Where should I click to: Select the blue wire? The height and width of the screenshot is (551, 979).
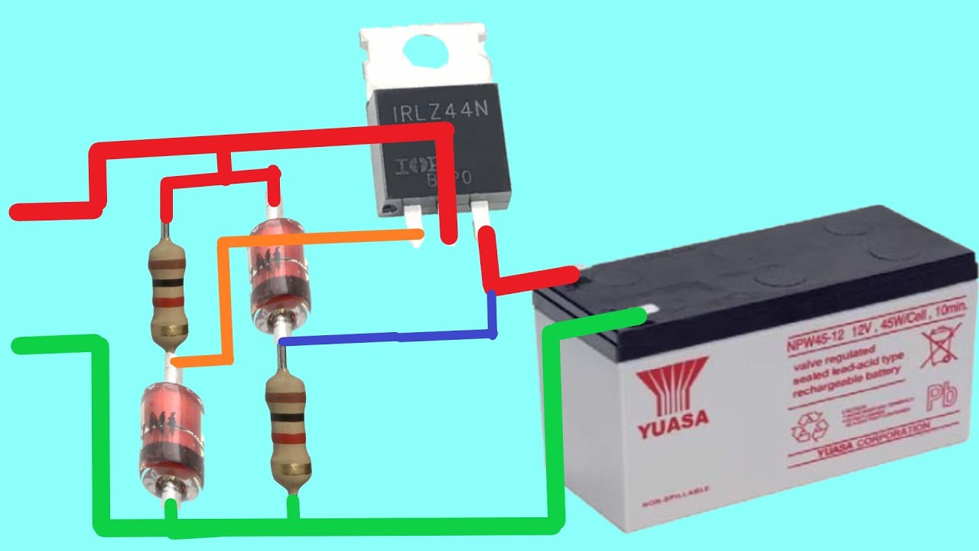tap(390, 337)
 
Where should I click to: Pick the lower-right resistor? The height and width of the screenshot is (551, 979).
tap(289, 429)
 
